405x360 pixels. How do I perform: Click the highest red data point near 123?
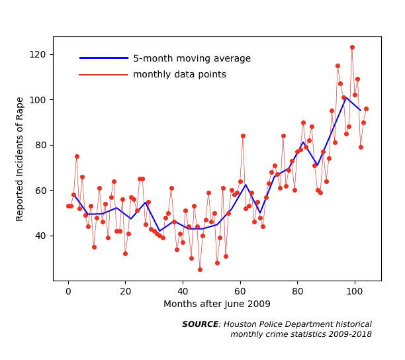[x=352, y=47]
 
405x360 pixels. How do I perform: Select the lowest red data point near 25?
[x=200, y=269]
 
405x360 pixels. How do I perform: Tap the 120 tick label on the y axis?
[x=38, y=54]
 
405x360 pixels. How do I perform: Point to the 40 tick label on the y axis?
[x=40, y=236]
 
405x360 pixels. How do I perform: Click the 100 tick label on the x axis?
[x=355, y=291]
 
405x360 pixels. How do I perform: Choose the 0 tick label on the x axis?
[x=68, y=291]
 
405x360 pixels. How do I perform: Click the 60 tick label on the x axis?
[x=240, y=291]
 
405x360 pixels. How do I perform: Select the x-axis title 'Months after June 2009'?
[x=217, y=304]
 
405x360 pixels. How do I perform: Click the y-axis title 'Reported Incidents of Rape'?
[x=20, y=159]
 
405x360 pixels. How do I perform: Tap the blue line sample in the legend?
[x=104, y=58]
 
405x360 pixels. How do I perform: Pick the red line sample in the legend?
[x=103, y=75]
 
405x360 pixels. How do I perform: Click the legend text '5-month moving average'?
[x=192, y=59]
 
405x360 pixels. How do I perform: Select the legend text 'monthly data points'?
[x=179, y=74]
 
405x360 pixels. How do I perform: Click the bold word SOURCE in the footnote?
[x=201, y=324]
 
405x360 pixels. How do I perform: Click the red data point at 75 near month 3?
[x=77, y=156]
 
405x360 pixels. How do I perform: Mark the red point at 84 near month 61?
[x=243, y=136]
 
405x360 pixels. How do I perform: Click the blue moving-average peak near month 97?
[x=345, y=98]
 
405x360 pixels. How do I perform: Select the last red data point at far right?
[x=366, y=109]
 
